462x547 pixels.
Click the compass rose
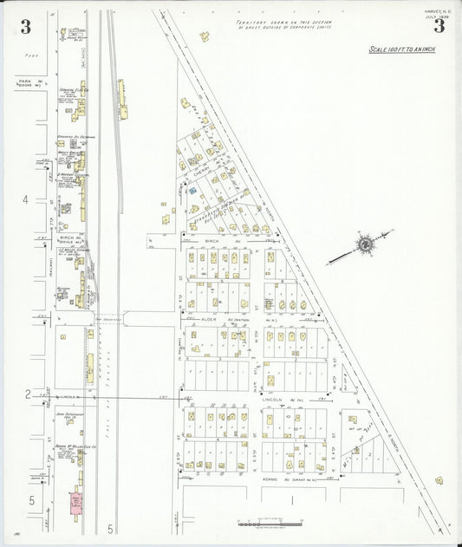pyautogui.click(x=366, y=245)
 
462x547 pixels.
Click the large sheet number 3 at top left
pyautogui.click(x=25, y=26)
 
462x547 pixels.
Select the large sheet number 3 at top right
pyautogui.click(x=439, y=25)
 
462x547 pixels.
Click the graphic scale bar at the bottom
pyautogui.click(x=270, y=524)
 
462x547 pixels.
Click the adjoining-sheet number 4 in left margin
pyautogui.click(x=25, y=199)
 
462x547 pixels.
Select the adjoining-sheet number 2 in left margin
pyautogui.click(x=28, y=395)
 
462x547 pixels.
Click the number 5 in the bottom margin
pyautogui.click(x=111, y=528)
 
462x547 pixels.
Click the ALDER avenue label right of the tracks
pyautogui.click(x=211, y=318)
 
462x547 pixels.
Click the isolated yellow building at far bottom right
pyautogui.click(x=439, y=480)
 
